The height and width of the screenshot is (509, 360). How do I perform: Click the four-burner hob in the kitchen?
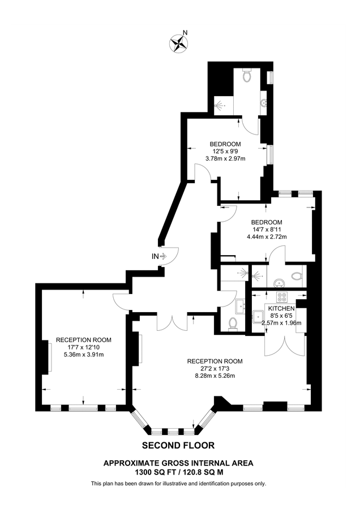point(281,297)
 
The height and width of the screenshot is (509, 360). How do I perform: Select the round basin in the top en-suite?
point(264,102)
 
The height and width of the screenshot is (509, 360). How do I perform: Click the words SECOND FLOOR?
point(178,445)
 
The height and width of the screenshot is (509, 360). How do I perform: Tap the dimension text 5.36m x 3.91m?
point(83,355)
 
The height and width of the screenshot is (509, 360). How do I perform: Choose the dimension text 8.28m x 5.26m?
point(215,376)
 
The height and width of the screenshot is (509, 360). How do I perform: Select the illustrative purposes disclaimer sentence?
point(178,484)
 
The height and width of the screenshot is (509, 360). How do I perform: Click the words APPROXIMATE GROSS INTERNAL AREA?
point(178,463)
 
